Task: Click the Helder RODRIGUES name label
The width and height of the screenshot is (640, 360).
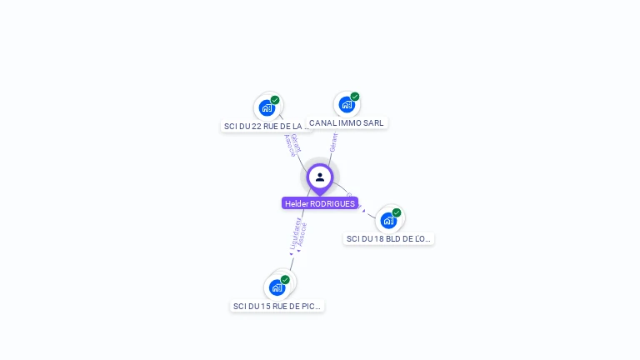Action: coord(320,203)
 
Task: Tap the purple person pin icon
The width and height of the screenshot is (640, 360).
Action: coord(320,177)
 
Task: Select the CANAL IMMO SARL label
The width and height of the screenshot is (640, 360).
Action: coord(347,122)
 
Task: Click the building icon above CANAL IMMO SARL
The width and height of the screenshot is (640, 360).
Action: coord(347,105)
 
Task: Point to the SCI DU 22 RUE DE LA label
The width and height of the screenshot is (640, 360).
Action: coord(267,126)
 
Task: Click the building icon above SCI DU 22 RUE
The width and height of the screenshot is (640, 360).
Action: coord(267,107)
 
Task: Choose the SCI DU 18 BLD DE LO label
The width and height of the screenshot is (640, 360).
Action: coord(388,238)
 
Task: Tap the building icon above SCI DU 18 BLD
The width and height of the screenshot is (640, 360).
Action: coord(388,220)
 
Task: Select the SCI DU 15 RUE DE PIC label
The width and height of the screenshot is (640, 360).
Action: coord(277,306)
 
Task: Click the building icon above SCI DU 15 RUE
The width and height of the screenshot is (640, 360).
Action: coord(277,287)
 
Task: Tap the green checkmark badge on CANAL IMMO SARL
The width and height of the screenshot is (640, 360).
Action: coord(355,97)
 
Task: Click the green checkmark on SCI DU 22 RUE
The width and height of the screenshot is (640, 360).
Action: coord(275,100)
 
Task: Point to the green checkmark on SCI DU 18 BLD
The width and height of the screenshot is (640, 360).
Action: coord(397,212)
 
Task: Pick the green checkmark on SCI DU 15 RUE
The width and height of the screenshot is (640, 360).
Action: coord(285,280)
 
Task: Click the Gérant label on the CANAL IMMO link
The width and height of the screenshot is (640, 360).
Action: coord(333,142)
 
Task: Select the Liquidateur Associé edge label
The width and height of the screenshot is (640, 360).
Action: coord(298,234)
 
